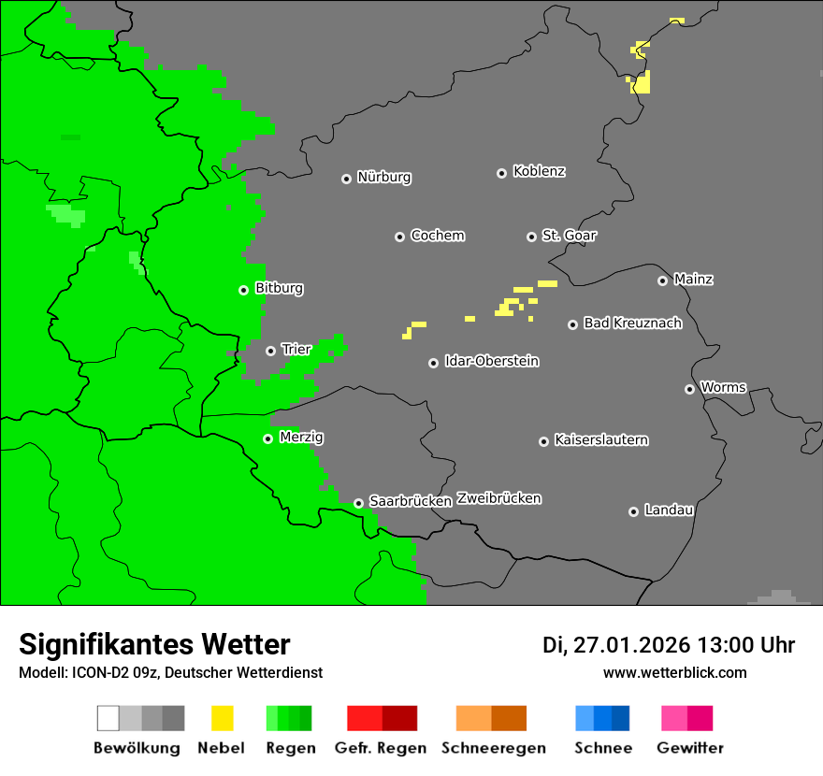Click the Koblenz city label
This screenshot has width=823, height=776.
pyautogui.click(x=539, y=172)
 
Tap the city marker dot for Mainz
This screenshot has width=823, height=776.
pyautogui.click(x=662, y=280)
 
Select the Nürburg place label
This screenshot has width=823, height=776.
pyautogui.click(x=384, y=178)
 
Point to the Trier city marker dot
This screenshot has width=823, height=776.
pyautogui.click(x=270, y=351)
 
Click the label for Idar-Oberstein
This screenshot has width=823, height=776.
pyautogui.click(x=492, y=362)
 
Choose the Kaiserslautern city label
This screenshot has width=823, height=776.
pyautogui.click(x=601, y=440)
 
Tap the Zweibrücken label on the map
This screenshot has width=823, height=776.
pyautogui.click(x=498, y=499)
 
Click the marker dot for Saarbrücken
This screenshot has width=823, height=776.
pyautogui.click(x=358, y=503)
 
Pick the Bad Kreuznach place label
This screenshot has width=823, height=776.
pyautogui.click(x=632, y=323)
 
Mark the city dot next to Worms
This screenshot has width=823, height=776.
pyautogui.click(x=689, y=389)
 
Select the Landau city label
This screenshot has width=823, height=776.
pyautogui.click(x=669, y=510)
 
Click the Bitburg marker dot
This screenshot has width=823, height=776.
pyautogui.click(x=243, y=290)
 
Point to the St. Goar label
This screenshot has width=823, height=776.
pyautogui.click(x=569, y=237)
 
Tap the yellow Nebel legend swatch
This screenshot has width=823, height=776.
pyautogui.click(x=222, y=718)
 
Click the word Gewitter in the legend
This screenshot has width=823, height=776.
pyautogui.click(x=690, y=748)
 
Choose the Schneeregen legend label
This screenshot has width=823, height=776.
pyautogui.click(x=493, y=748)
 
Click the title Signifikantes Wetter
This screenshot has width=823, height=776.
pyautogui.click(x=154, y=644)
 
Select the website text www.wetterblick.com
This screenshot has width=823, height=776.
pyautogui.click(x=674, y=672)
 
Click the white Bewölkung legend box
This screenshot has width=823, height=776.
pyautogui.click(x=108, y=718)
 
